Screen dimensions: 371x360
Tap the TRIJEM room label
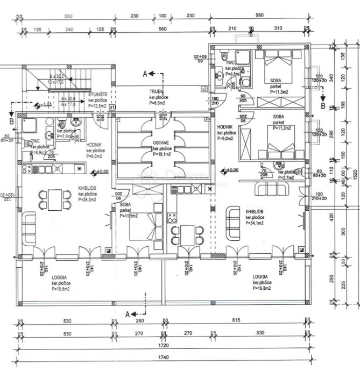pyautogui.click(x=157, y=92)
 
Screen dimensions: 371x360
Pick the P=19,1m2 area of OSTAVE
pyautogui.click(x=162, y=154)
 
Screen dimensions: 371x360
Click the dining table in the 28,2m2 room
pyautogui.click(x=54, y=199)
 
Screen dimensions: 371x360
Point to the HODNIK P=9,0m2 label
pyautogui.click(x=224, y=132)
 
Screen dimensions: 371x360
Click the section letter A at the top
pyautogui.click(x=145, y=73)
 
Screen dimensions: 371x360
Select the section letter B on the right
pyautogui.click(x=323, y=105)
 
